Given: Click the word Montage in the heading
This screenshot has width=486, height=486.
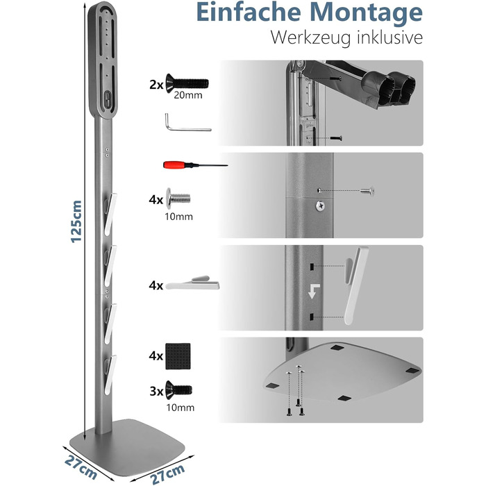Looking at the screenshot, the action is [366, 13].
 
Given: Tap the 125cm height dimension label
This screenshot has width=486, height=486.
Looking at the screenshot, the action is [76, 221].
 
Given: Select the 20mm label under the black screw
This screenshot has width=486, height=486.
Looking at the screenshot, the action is [188, 95].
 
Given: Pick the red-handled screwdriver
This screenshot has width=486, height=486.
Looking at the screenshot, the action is [195, 165].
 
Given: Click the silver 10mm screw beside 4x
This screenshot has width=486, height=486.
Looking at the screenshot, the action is [178, 198].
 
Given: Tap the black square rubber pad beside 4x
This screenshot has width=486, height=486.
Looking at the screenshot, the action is [178, 356].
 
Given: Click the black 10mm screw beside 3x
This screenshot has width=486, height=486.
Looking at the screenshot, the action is [178, 390].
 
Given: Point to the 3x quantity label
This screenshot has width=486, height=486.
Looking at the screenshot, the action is [156, 391].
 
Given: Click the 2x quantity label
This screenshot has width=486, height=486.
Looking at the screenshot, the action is [156, 84].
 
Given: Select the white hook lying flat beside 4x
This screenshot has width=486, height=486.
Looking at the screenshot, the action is [192, 283].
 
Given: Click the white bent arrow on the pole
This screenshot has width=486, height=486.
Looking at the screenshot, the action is [314, 291].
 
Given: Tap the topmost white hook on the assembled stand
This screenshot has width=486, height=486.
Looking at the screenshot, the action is [110, 215].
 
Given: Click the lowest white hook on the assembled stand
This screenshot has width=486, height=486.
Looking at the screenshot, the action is [110, 375].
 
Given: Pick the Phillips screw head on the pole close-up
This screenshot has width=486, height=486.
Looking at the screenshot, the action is [321, 206].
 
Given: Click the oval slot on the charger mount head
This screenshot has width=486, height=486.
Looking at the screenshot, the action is [108, 99].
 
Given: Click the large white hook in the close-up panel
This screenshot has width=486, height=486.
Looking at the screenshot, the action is [356, 285].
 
